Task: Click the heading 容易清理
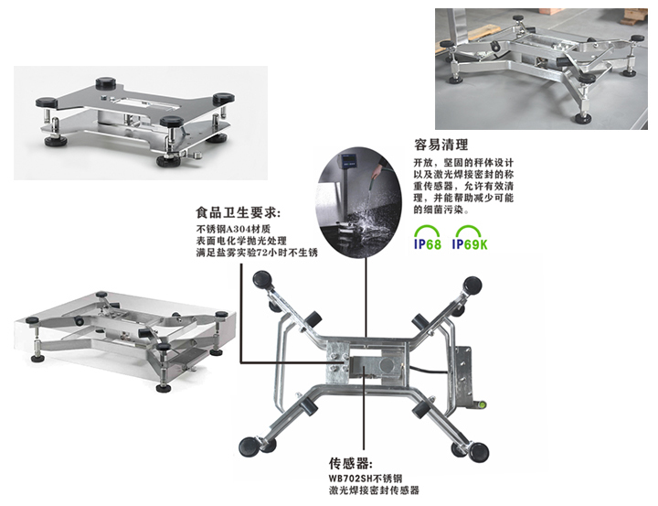440,145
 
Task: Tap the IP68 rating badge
427,238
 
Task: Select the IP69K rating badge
470,238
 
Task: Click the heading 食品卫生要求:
238,212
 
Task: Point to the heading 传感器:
350,464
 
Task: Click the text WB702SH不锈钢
366,479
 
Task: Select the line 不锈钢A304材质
233,229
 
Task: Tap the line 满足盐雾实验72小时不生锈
257,253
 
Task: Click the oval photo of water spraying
358,202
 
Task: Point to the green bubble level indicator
482,405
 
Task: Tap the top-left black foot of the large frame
262,279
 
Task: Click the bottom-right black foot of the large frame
479,452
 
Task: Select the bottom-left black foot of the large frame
249,447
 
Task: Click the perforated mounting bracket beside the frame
463,375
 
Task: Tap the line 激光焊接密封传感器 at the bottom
374,490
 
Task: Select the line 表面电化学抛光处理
241,241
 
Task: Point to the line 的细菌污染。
439,210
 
